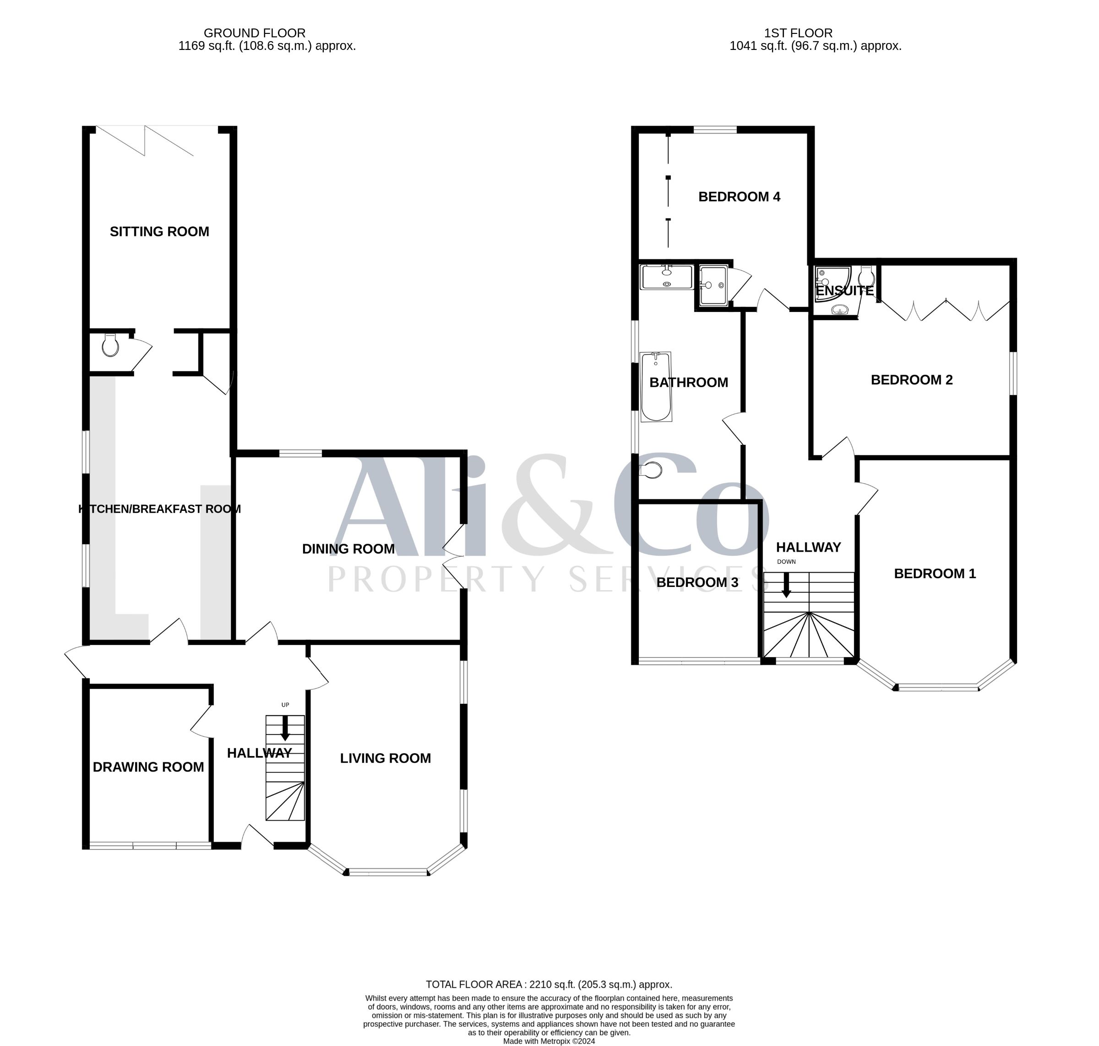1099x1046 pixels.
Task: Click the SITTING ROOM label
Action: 159,231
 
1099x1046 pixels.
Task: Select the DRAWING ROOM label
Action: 148,767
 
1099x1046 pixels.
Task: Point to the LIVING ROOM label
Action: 386,758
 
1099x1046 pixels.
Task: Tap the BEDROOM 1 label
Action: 935,574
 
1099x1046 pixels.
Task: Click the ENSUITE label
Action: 844,291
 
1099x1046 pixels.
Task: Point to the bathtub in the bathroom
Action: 655,387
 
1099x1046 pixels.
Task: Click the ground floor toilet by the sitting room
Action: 110,345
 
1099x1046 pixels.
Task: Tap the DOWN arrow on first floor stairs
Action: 786,586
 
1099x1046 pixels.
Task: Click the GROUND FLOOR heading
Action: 254,33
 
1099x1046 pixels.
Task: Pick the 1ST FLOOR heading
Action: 798,33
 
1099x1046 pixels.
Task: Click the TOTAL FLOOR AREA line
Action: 549,985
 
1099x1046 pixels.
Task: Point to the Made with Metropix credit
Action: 549,1041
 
